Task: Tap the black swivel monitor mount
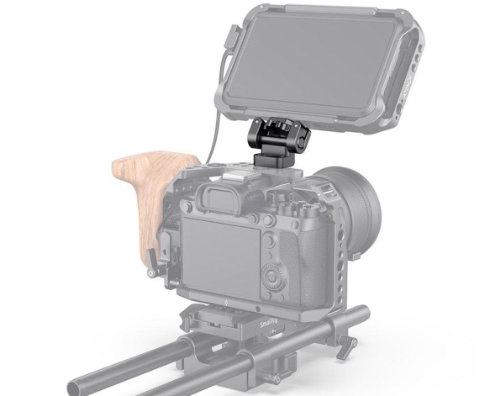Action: click(278, 138)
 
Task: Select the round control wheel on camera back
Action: click(275, 277)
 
